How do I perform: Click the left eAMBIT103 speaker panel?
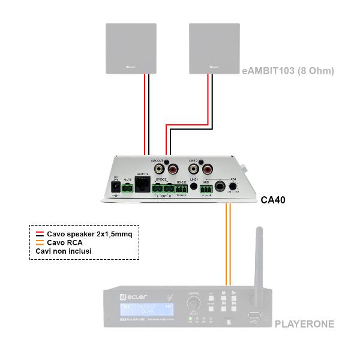131,48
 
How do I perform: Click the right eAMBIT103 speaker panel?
214,48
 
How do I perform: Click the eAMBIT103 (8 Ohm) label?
287,71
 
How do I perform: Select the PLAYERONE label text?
304,324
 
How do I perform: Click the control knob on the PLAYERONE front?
193,305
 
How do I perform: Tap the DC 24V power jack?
115,190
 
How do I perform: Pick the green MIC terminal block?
207,190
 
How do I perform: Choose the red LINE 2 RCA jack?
206,170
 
